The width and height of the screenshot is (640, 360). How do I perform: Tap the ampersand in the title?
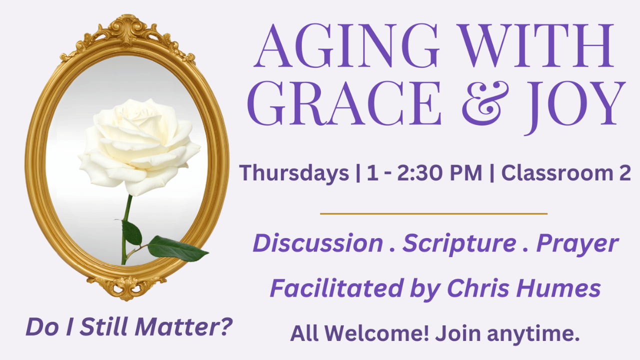(485, 103)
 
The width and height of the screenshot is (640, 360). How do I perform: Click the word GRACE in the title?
(344, 103)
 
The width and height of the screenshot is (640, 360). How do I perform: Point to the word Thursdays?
(294, 173)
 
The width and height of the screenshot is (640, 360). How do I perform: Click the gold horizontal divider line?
(433, 213)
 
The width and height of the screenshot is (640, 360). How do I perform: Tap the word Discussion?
(317, 243)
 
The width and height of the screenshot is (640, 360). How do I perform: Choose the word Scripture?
(459, 245)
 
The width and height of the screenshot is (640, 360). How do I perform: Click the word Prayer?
(577, 245)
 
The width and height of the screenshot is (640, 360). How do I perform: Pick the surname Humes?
(558, 288)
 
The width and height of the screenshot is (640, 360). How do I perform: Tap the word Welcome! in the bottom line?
(377, 333)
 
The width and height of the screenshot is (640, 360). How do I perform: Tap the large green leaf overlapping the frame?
(177, 248)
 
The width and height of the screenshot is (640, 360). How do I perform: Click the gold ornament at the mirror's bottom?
(127, 288)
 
